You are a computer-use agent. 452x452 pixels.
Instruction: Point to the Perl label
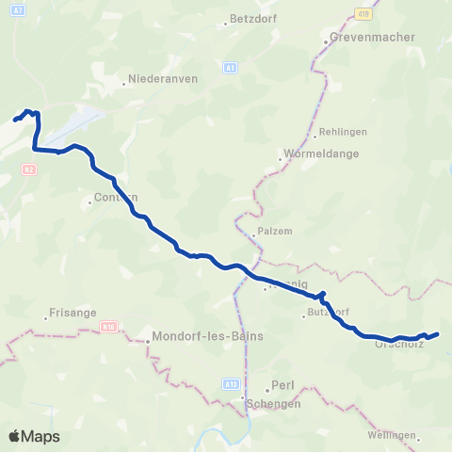pos(283,385)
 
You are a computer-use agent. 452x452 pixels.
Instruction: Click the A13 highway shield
pos(233,359)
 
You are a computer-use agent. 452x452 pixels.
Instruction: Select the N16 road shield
pos(109,327)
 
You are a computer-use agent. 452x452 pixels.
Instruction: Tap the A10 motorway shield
pos(363,13)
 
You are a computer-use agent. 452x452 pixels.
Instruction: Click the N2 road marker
pos(29,169)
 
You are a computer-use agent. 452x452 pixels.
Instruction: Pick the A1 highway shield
pos(231,68)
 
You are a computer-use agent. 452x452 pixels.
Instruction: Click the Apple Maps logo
pos(34,436)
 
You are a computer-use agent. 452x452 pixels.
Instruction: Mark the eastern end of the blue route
pos(438,334)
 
